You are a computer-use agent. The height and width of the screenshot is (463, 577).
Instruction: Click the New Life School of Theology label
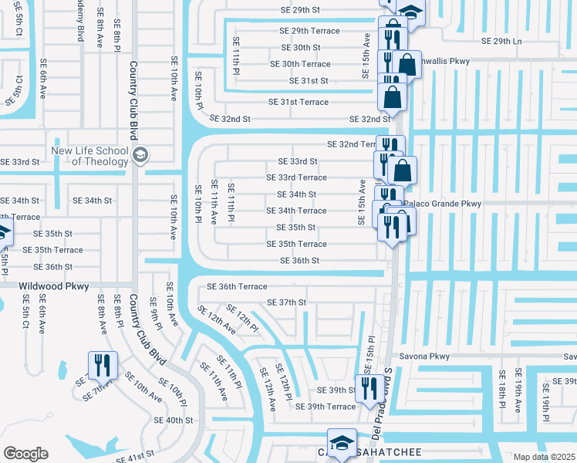click(x=91, y=156)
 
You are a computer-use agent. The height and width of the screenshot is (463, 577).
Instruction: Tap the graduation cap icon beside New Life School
click(x=139, y=155)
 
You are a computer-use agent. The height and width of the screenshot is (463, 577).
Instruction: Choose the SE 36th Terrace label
click(x=237, y=286)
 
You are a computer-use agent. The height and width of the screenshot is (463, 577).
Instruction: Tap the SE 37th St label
click(x=286, y=302)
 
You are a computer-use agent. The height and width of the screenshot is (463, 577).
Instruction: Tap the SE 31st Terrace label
click(x=298, y=102)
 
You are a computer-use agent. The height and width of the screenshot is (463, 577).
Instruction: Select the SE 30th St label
click(x=290, y=47)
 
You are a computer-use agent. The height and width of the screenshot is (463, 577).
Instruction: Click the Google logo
click(x=26, y=454)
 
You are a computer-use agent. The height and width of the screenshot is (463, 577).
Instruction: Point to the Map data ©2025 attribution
click(x=545, y=457)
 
